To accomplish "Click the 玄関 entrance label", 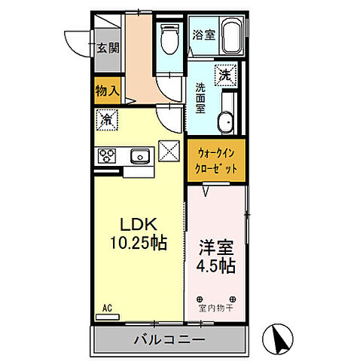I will [x=108, y=48].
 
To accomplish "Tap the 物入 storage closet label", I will [x=108, y=90].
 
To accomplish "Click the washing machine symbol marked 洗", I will [x=225, y=75].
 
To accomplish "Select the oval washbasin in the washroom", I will [x=224, y=122].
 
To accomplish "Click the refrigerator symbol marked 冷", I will [x=108, y=118].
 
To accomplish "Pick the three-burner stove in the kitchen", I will [x=106, y=156].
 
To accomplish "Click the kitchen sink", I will [x=140, y=156].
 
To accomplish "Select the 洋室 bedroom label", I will [x=215, y=247].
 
